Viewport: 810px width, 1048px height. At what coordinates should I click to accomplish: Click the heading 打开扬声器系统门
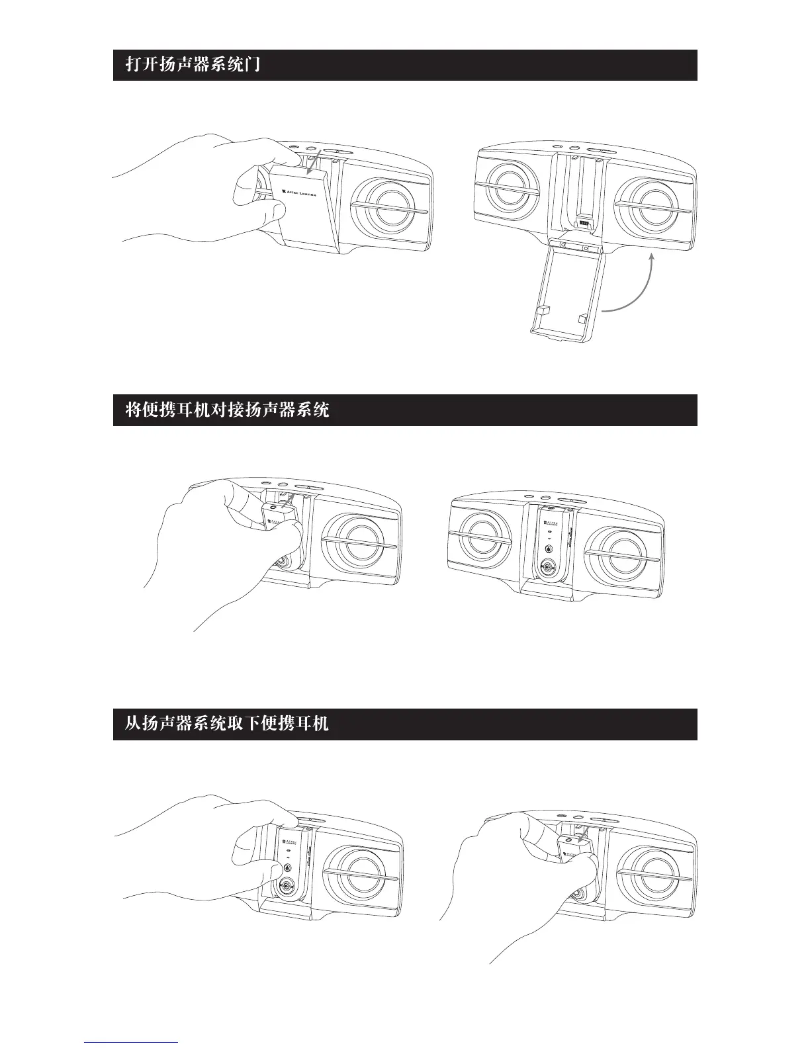coord(193,65)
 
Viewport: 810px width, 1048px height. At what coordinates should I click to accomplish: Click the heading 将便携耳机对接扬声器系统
coord(227,410)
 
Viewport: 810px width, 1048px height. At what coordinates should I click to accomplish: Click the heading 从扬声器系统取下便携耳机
coord(227,724)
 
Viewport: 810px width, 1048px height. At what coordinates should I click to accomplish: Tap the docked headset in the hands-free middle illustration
coord(551,543)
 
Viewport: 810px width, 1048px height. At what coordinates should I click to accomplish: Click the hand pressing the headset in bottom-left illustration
coord(199,853)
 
